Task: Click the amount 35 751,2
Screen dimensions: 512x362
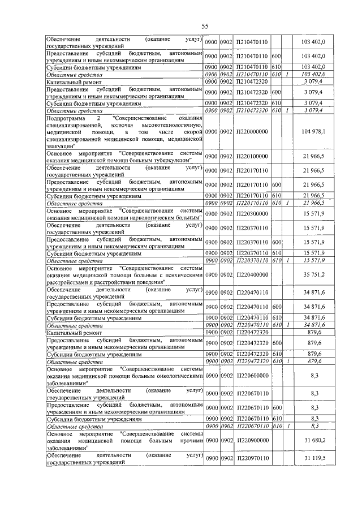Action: [x=313, y=274]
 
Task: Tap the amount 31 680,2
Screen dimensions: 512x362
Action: [x=313, y=440]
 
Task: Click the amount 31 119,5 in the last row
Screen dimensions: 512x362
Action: [x=313, y=458]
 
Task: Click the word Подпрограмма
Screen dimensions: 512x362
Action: [x=64, y=117]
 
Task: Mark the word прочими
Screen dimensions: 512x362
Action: [x=189, y=440]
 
